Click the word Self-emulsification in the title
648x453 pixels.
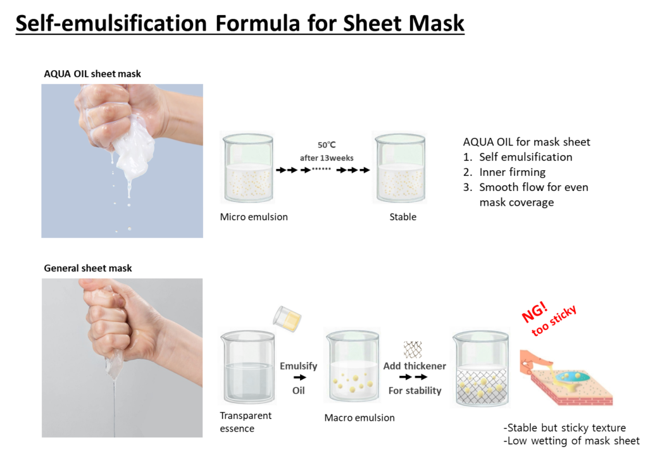tap(111, 23)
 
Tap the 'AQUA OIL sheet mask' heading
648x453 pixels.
tap(92, 73)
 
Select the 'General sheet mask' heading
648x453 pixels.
tap(87, 268)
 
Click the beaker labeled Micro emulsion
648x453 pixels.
tap(248, 168)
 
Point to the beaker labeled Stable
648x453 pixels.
tap(400, 168)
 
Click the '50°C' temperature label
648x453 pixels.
tap(327, 145)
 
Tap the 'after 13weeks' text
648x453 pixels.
tap(327, 158)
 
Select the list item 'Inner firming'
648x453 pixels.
tap(512, 172)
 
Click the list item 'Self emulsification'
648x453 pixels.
tap(526, 157)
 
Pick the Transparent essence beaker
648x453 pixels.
tap(248, 366)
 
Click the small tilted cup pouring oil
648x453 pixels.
tap(287, 319)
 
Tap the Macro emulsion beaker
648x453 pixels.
tap(352, 366)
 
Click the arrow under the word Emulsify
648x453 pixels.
tap(299, 377)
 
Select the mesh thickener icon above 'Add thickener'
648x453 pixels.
tap(413, 349)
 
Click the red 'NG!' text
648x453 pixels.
tap(535, 312)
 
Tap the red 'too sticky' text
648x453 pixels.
tap(554, 321)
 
